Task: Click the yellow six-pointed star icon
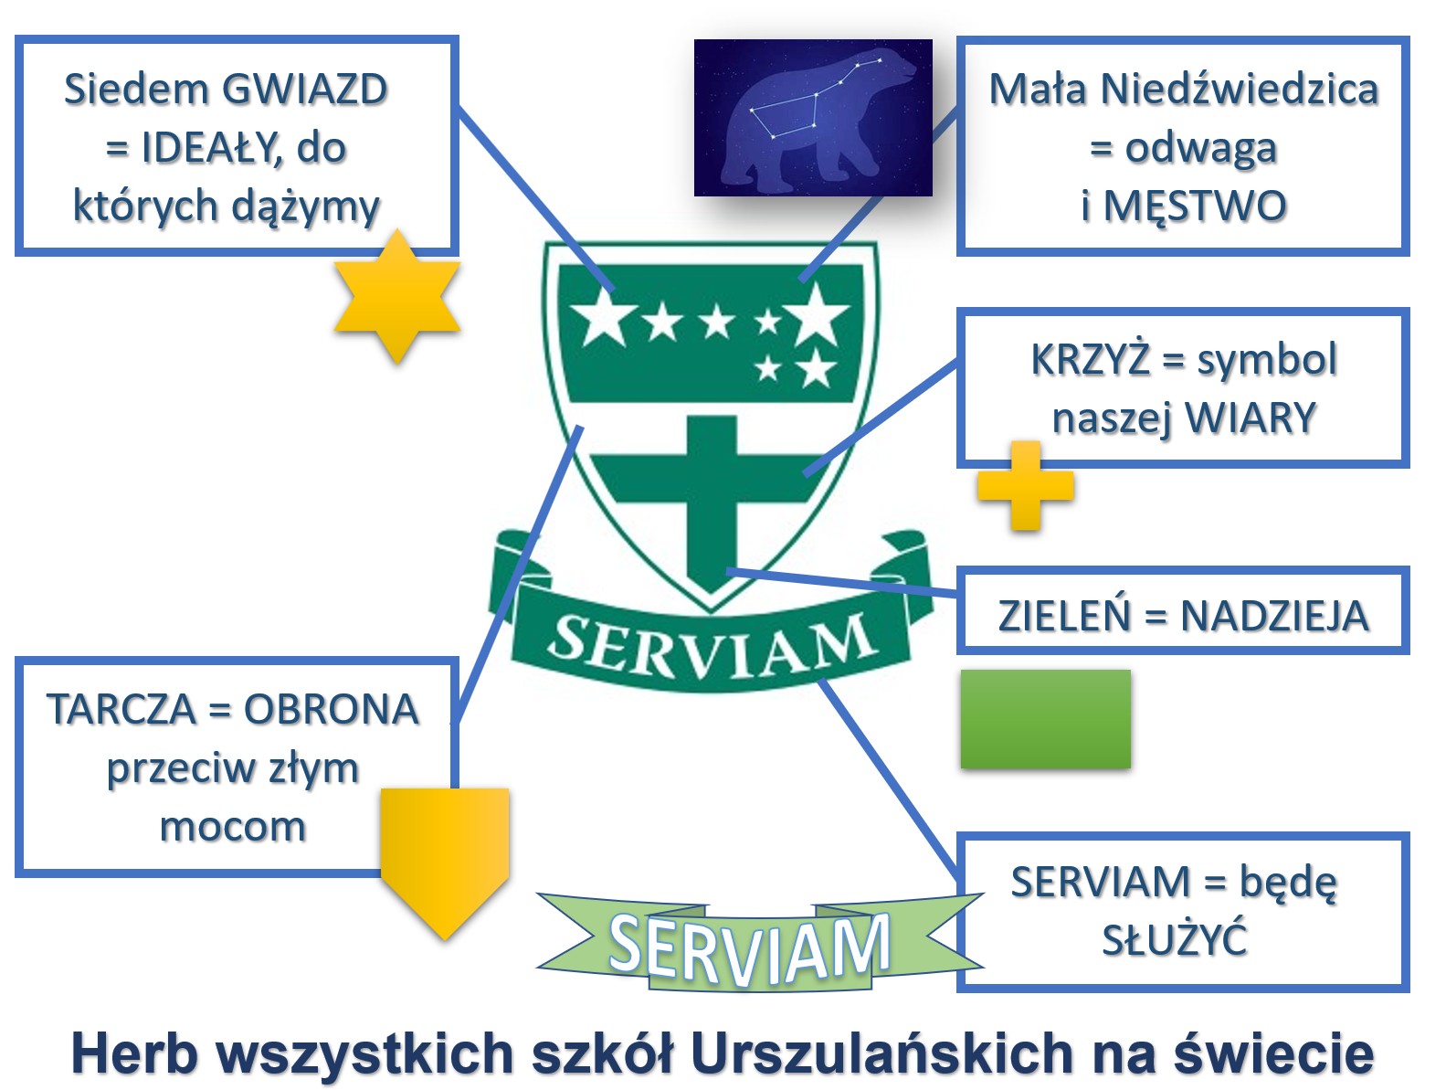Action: click(397, 296)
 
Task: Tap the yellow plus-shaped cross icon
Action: click(1026, 486)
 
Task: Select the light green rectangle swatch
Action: click(1046, 719)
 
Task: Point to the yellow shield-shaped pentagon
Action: click(446, 862)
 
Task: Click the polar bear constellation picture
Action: click(813, 118)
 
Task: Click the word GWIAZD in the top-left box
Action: click(305, 90)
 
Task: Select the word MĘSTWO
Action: click(1195, 206)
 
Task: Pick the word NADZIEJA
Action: click(1274, 617)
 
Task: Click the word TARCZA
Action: click(121, 709)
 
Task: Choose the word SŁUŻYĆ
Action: click(1175, 939)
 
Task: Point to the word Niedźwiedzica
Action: click(1240, 90)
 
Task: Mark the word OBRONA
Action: click(332, 709)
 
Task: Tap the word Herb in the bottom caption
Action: click(134, 1053)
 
